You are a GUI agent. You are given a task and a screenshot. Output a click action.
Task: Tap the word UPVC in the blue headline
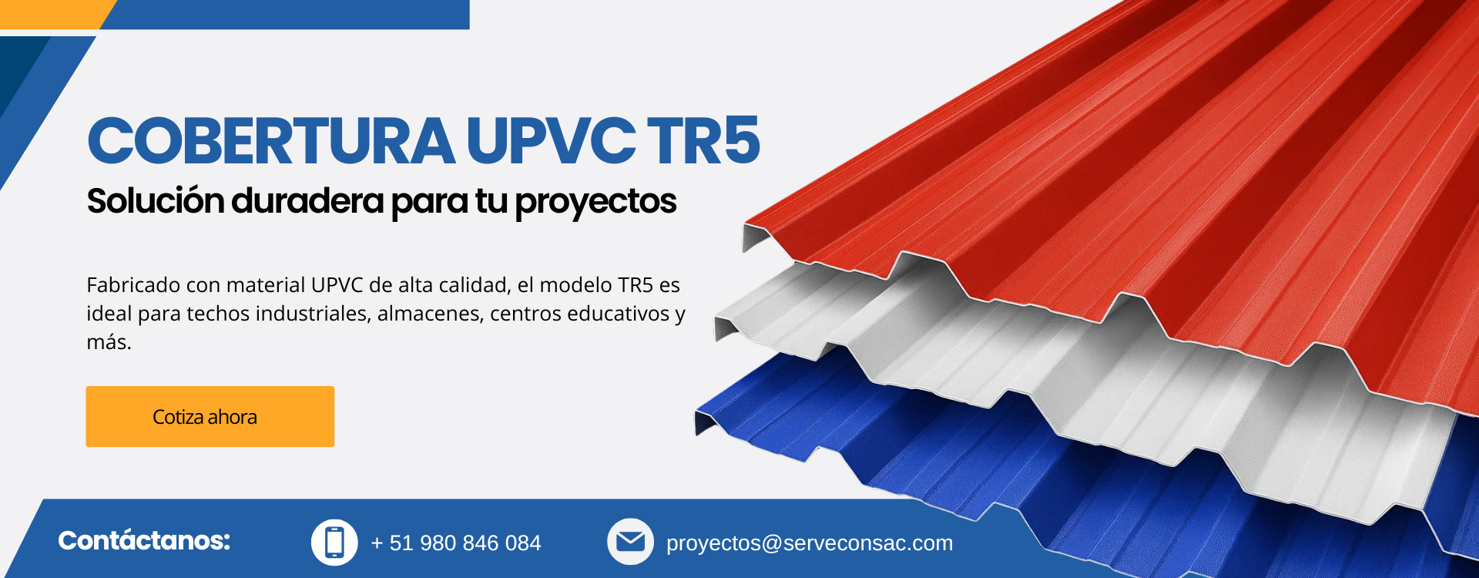[551, 141]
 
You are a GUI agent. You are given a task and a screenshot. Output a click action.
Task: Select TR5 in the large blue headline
[703, 141]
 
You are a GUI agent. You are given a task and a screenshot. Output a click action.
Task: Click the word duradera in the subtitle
[307, 200]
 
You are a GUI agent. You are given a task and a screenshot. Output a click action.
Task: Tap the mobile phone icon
[334, 542]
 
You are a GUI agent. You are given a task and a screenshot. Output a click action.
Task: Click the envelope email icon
[630, 542]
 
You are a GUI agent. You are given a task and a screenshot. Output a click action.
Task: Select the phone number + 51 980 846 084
[456, 543]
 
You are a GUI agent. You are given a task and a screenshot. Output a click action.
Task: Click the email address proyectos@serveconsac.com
[810, 543]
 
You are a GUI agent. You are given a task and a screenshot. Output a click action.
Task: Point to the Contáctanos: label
[144, 540]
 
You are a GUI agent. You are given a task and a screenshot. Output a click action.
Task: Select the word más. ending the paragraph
[109, 342]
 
